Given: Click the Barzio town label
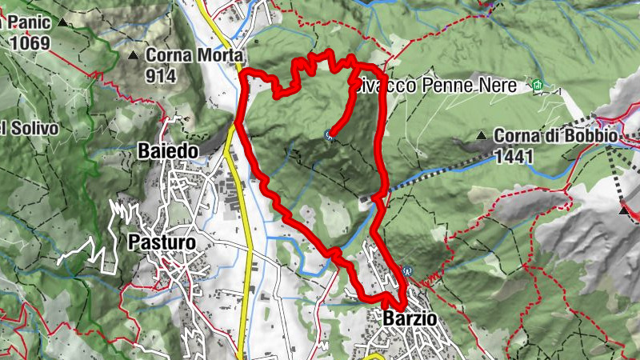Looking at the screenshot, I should click(x=410, y=318).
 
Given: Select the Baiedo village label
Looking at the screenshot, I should click(x=171, y=150).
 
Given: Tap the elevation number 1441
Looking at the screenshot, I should click(x=514, y=157).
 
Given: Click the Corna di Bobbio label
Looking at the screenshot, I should click(x=555, y=137).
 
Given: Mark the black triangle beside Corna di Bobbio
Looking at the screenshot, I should click(x=482, y=137).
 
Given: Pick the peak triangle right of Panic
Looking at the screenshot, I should click(x=62, y=22).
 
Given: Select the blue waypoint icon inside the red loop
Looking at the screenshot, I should click(x=329, y=135).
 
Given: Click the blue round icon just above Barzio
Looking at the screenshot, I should click(x=406, y=270).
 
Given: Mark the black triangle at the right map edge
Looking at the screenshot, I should click(x=624, y=210).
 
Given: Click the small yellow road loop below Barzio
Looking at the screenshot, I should click(x=374, y=353).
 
